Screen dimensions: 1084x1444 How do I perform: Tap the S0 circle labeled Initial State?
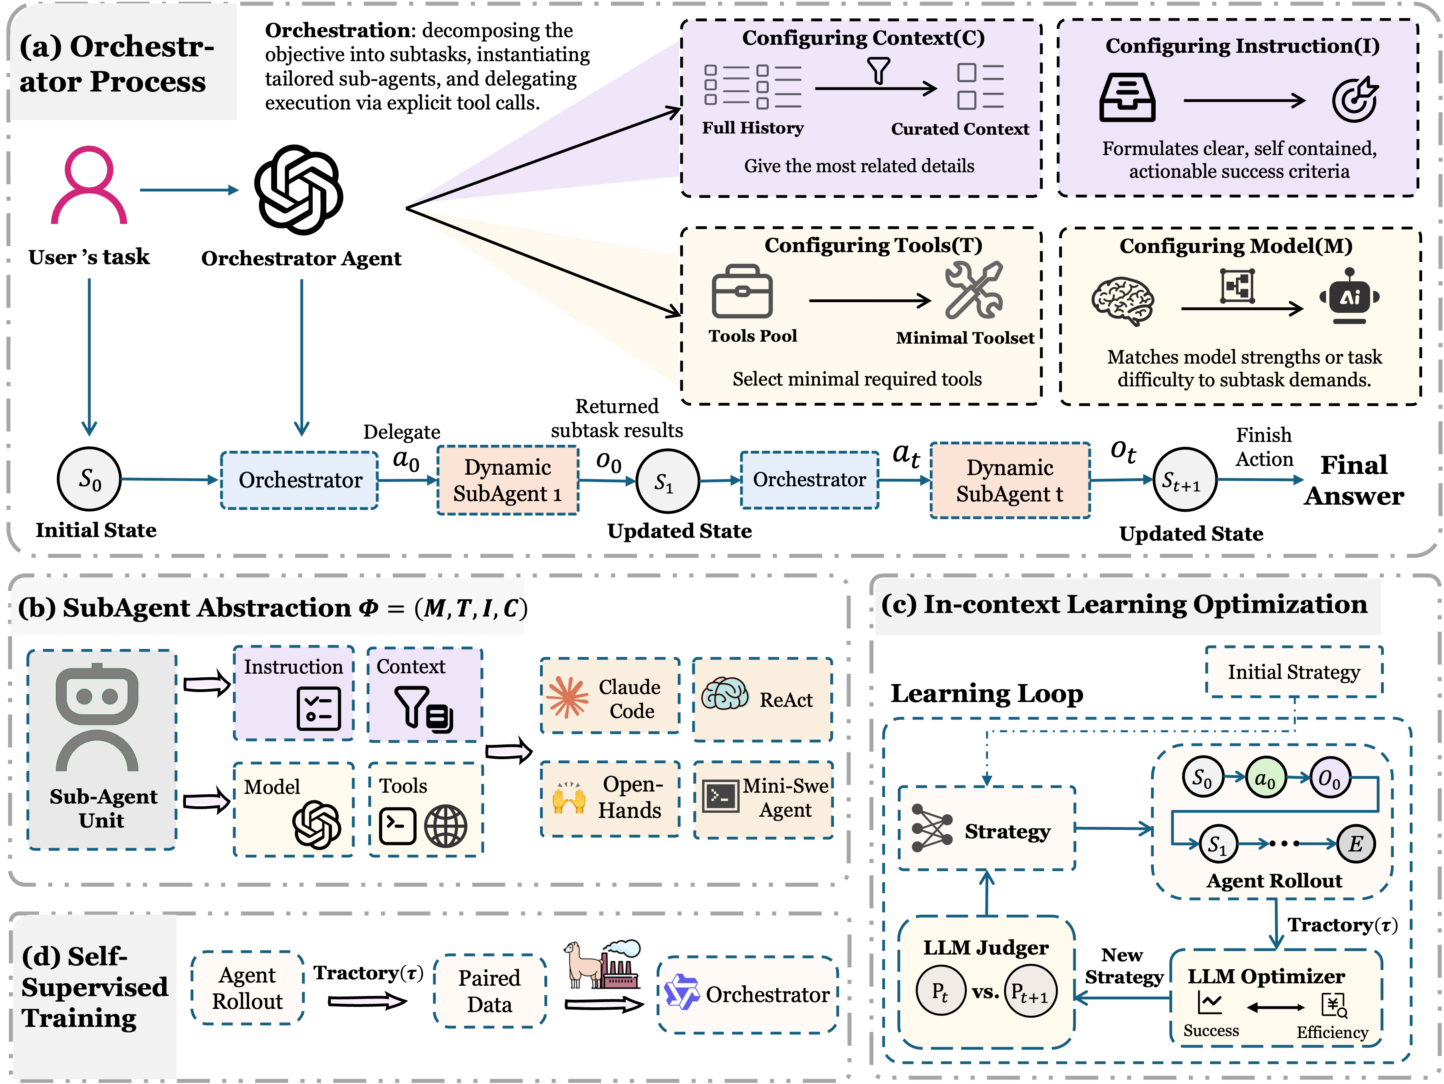tap(89, 479)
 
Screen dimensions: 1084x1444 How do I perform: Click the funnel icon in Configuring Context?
tap(879, 71)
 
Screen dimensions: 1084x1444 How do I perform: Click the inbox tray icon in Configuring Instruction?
tap(1127, 98)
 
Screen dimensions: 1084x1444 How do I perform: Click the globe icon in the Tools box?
tap(445, 825)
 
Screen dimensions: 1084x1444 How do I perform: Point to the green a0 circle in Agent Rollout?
tap(1264, 778)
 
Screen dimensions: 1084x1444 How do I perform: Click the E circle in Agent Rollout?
tap(1355, 844)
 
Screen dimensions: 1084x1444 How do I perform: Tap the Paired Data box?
tap(490, 991)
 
